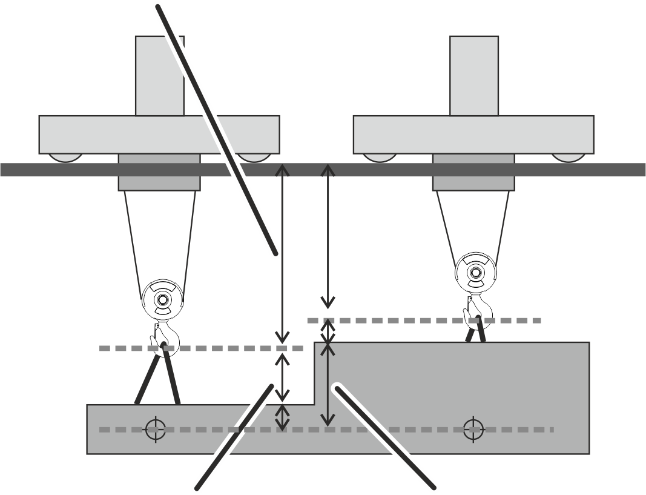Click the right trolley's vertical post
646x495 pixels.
tap(474, 76)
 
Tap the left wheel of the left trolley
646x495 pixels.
tap(65, 158)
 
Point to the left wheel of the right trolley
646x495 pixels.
tap(380, 158)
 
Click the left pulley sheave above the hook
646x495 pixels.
tap(161, 299)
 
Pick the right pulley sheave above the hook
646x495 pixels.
tap(475, 271)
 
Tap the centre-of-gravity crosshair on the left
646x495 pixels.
tap(156, 429)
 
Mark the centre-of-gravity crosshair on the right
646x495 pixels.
tap(473, 429)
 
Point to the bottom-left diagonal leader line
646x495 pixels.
tap(233, 436)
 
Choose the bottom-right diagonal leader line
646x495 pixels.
tap(387, 436)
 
